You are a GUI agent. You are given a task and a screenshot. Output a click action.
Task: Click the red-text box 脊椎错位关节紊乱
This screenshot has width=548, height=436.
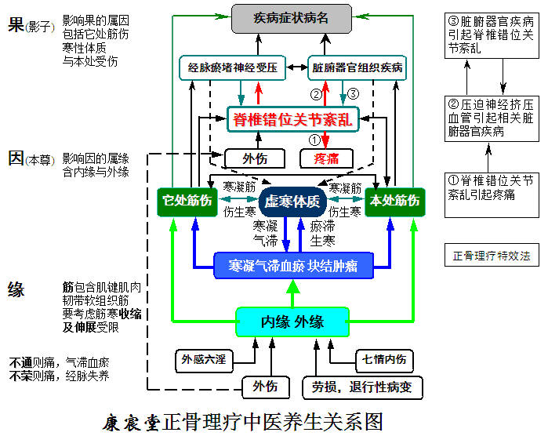pyautogui.click(x=292, y=119)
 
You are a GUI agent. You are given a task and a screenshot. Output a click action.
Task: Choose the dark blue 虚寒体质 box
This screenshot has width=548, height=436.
pyautogui.click(x=292, y=202)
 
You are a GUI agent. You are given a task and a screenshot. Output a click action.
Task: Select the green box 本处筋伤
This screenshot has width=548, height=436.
pyautogui.click(x=394, y=201)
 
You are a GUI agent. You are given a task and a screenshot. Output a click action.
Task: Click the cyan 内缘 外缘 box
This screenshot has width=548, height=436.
pyautogui.click(x=292, y=321)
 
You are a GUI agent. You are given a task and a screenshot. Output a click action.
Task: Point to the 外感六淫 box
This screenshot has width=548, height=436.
pyautogui.click(x=204, y=360)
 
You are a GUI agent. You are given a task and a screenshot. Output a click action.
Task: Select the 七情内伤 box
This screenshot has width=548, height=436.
pyautogui.click(x=383, y=360)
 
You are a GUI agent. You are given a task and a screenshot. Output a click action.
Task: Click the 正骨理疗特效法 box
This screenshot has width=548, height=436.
pyautogui.click(x=492, y=256)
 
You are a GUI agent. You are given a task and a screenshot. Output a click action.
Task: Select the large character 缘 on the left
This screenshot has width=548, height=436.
pyautogui.click(x=16, y=289)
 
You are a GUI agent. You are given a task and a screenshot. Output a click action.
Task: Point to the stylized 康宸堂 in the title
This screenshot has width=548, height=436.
pyautogui.click(x=132, y=422)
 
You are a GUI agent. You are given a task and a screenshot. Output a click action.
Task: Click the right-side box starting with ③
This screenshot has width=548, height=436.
pyautogui.click(x=492, y=35)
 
